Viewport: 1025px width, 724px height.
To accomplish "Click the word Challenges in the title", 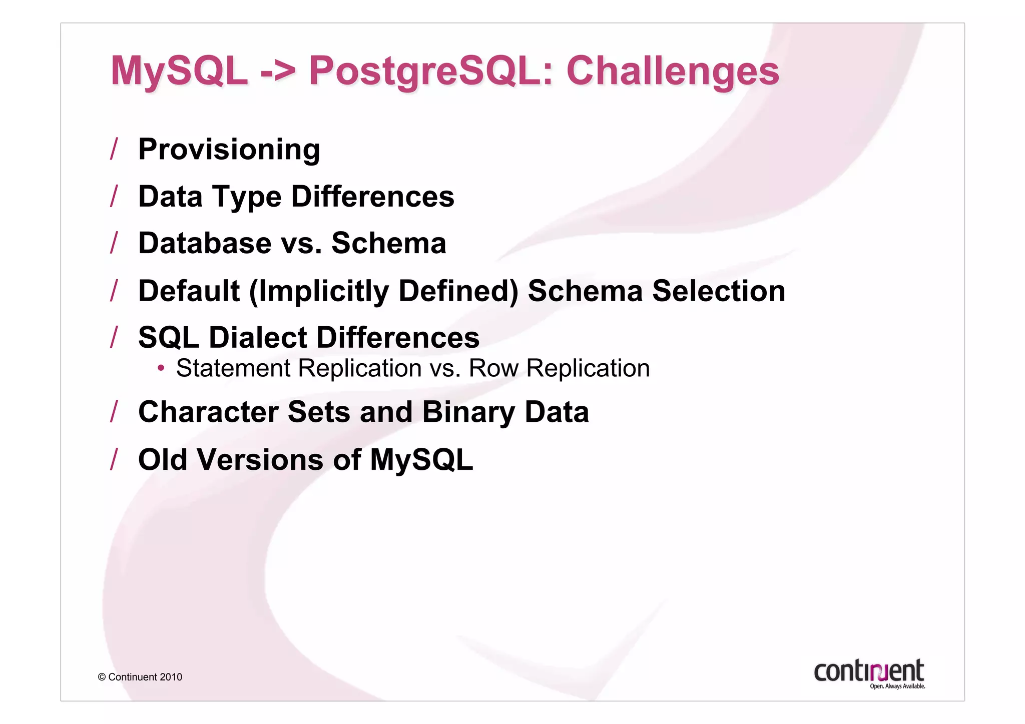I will click(672, 71).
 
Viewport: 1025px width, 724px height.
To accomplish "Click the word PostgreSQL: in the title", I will click(431, 71).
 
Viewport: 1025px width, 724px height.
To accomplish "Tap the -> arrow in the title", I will click(278, 71).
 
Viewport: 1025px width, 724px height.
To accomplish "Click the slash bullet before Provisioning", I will click(114, 149).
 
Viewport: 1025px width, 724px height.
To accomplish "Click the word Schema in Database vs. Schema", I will click(388, 243).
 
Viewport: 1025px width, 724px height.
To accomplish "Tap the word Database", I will click(205, 243).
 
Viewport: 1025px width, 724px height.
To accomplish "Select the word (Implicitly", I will click(319, 291).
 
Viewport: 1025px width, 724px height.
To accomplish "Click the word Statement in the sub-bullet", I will click(233, 369).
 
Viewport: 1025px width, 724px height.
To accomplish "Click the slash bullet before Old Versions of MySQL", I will click(114, 460).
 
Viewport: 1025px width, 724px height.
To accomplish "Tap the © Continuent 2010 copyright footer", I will click(140, 677).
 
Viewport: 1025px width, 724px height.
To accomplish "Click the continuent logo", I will click(869, 673).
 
